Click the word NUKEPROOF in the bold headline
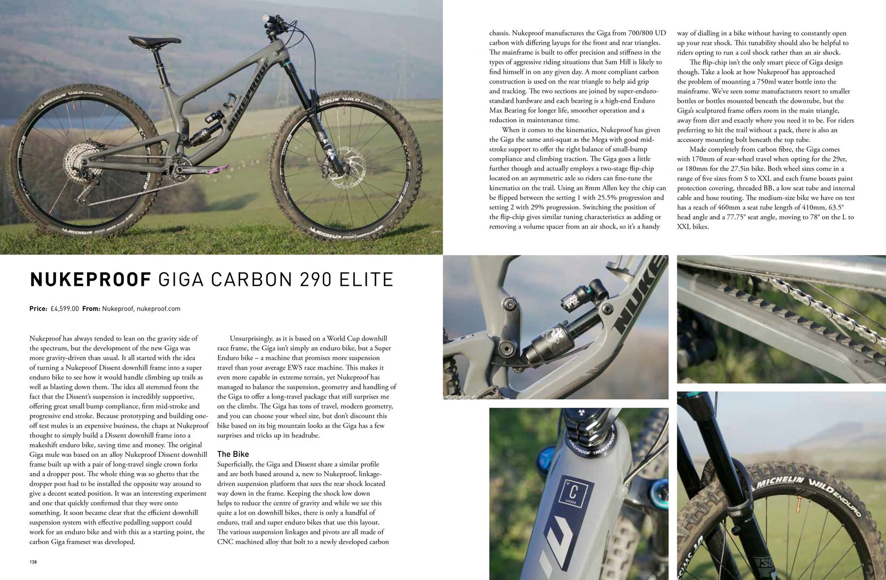click(x=90, y=280)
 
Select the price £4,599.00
click(x=64, y=309)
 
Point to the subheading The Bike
click(x=233, y=454)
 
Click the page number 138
click(x=33, y=562)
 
